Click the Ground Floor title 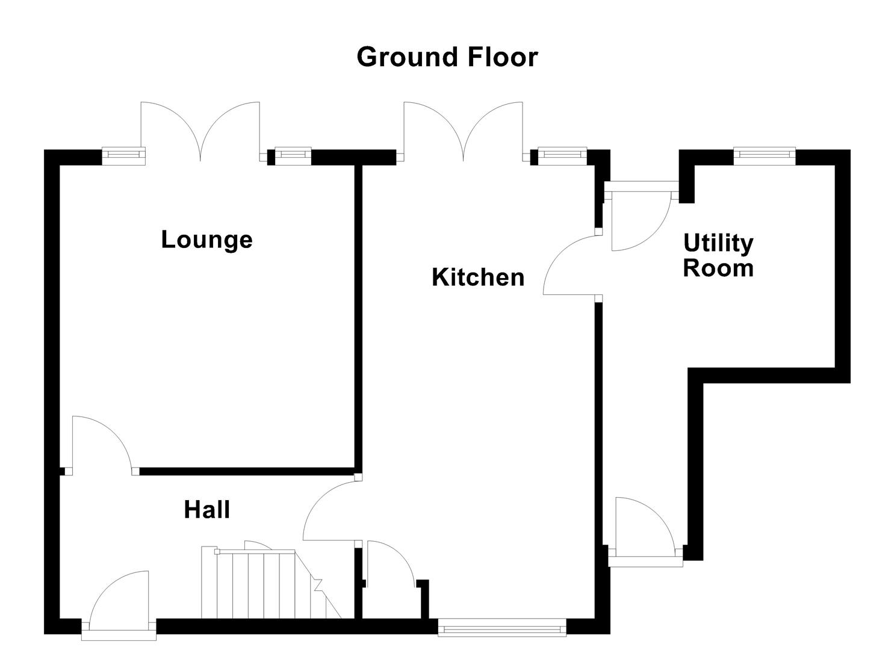[447, 57]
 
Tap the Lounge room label [206, 240]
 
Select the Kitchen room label [478, 277]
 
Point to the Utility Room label [718, 255]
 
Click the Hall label [206, 510]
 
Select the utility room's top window [764, 156]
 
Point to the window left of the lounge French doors [123, 156]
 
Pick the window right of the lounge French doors [293, 156]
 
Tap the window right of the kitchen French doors [562, 156]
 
